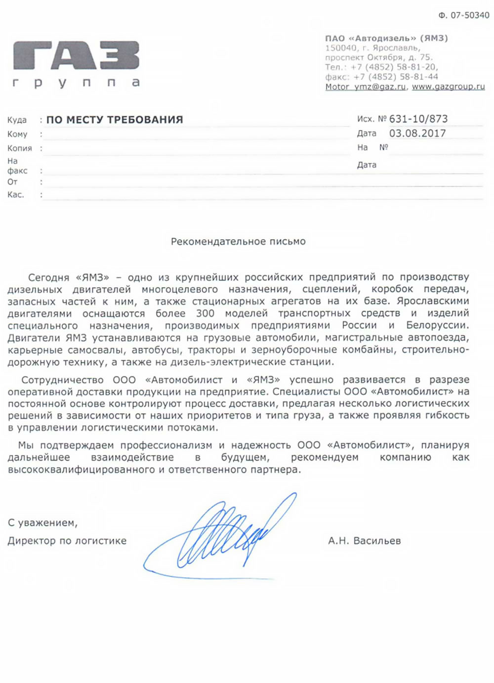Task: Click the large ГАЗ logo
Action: click(76, 55)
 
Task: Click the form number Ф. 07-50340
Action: click(463, 15)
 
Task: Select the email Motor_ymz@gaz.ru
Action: click(366, 86)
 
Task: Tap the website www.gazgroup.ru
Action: click(448, 86)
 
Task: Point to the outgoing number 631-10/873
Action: click(418, 119)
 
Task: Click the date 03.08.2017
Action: click(417, 133)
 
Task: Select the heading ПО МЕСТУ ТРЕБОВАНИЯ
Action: click(115, 120)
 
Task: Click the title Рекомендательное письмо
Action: click(238, 242)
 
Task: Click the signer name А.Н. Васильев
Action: click(365, 541)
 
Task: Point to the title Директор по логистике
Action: click(67, 541)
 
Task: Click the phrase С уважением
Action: click(42, 522)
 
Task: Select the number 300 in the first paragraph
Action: click(205, 313)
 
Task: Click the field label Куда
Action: click(17, 120)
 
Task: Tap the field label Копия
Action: click(19, 148)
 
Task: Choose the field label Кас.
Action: click(15, 195)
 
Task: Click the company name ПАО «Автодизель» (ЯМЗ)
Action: click(386, 38)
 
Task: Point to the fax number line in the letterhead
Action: click(381, 77)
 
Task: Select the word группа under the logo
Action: click(76, 83)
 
